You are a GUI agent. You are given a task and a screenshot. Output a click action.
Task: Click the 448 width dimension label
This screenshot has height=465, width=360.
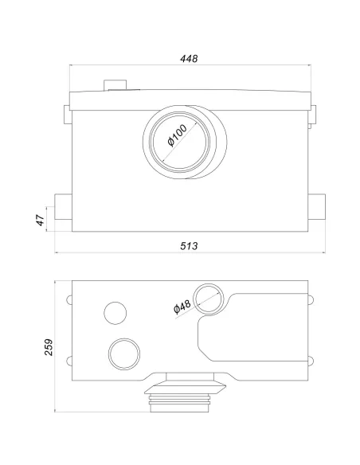tap(189, 58)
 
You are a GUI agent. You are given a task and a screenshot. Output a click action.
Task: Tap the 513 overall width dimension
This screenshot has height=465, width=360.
tap(189, 246)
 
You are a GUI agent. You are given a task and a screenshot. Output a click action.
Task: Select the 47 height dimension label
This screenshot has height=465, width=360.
tap(41, 220)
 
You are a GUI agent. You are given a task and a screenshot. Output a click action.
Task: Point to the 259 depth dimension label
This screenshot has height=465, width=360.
tap(49, 347)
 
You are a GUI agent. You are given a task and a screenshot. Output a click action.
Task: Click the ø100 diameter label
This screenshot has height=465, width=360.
tap(178, 135)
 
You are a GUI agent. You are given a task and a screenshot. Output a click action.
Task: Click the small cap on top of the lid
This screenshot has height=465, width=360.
tap(115, 85)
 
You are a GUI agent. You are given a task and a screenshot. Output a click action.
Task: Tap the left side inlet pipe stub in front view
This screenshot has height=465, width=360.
tap(63, 207)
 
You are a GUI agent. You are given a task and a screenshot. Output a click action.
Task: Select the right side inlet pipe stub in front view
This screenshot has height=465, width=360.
tap(317, 207)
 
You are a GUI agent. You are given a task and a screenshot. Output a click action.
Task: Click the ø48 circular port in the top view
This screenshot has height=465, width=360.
tap(209, 299)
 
